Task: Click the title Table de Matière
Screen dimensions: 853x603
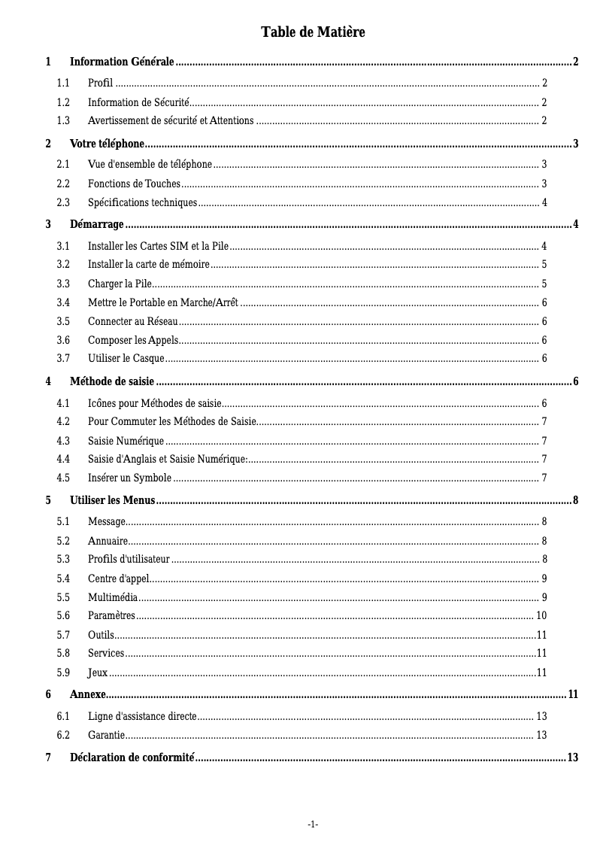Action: click(x=313, y=32)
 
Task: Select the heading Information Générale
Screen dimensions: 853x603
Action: click(x=122, y=62)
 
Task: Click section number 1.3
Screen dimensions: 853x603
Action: click(x=63, y=120)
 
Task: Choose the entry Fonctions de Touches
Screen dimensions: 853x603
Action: click(x=134, y=184)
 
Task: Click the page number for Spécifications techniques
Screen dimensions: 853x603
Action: click(x=544, y=202)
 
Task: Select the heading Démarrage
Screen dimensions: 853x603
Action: click(x=97, y=224)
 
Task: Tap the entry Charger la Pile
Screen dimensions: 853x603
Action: click(x=120, y=284)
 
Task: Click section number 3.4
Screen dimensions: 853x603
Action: click(x=63, y=302)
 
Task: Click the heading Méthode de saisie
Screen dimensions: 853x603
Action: click(x=112, y=381)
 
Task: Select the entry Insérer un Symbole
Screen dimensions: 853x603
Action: click(x=129, y=478)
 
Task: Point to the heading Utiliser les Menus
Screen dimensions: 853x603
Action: click(x=112, y=500)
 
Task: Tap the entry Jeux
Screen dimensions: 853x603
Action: click(x=98, y=672)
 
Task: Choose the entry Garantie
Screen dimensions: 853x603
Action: click(x=106, y=735)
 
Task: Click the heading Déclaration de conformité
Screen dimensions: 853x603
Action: click(x=132, y=757)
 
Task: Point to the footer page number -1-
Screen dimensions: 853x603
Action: click(x=313, y=824)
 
